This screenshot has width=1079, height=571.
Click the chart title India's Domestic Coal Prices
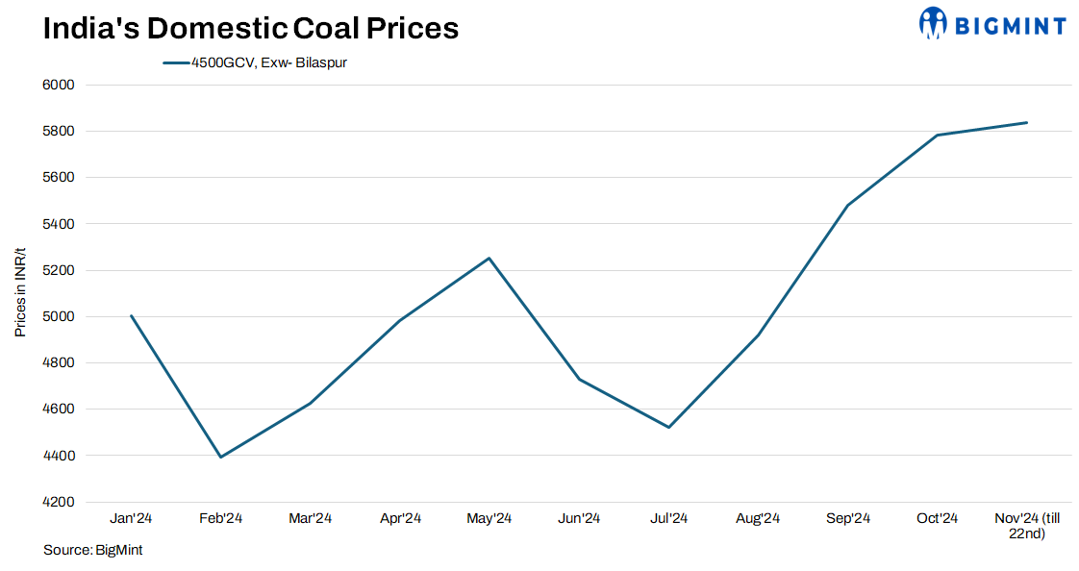tap(250, 29)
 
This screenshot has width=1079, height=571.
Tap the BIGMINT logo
tap(992, 24)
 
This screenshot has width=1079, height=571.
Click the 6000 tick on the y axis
tap(60, 85)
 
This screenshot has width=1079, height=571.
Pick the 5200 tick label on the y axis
tap(60, 270)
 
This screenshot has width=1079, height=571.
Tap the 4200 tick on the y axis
tap(60, 502)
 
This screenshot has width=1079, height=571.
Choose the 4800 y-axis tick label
tap(60, 363)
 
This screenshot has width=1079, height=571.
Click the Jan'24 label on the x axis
tap(131, 519)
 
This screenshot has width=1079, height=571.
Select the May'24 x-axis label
tap(489, 519)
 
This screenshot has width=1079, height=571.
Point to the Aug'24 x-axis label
tap(758, 519)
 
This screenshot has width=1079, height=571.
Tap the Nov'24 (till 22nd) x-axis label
tap(1027, 526)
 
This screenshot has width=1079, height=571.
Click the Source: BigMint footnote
tap(86, 550)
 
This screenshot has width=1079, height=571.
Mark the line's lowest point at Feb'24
tap(220, 457)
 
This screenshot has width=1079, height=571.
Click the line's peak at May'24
tap(489, 258)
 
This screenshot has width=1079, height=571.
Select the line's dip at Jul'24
tap(668, 427)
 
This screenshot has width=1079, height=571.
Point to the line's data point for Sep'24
tap(847, 205)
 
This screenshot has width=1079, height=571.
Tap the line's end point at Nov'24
tap(1027, 122)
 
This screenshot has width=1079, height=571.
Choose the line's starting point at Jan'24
tap(131, 315)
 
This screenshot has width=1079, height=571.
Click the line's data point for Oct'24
tap(938, 136)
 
